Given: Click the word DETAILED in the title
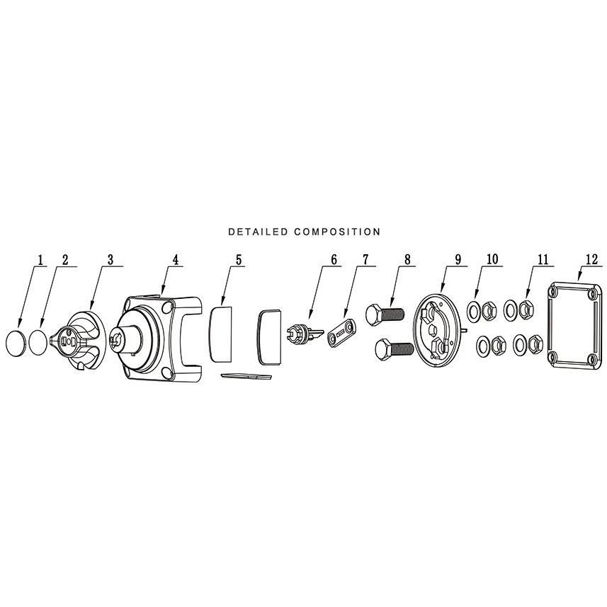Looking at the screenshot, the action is pyautogui.click(x=258, y=232).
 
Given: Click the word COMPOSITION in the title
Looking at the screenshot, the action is pyautogui.click(x=337, y=232).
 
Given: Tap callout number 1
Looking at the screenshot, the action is pyautogui.click(x=40, y=259).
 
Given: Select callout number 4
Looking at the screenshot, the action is pyautogui.click(x=176, y=259).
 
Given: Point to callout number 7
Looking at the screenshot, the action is pyautogui.click(x=366, y=259).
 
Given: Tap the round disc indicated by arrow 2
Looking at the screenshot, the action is pyautogui.click(x=38, y=342).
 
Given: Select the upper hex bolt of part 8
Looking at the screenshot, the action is pyautogui.click(x=385, y=314).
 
